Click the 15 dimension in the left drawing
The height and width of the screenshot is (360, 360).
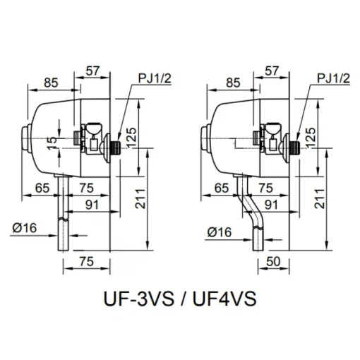point(53,143)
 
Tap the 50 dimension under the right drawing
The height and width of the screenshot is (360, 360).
point(273,261)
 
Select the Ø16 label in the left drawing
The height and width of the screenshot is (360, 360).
point(25,228)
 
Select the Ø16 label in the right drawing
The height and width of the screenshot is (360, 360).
point(220,232)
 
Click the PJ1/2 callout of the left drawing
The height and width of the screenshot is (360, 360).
point(155,78)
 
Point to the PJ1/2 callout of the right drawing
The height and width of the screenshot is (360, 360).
point(333,78)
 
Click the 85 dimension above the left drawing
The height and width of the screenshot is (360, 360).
point(51,83)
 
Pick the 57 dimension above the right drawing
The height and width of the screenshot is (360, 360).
point(272,71)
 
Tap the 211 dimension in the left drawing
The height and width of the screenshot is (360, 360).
point(140,198)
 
